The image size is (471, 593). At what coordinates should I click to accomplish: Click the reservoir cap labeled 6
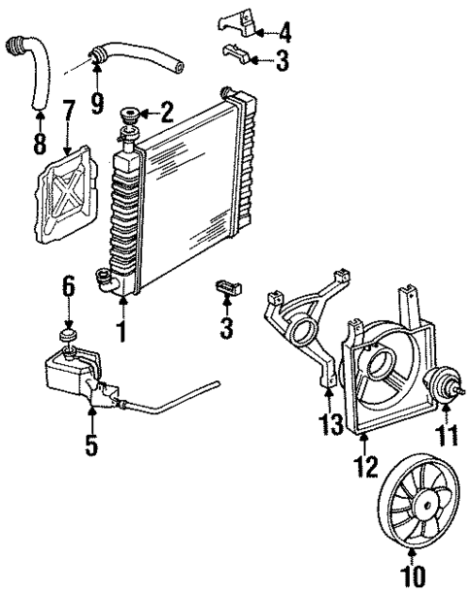point(69,335)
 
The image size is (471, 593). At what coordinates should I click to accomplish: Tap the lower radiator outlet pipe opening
point(102,281)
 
